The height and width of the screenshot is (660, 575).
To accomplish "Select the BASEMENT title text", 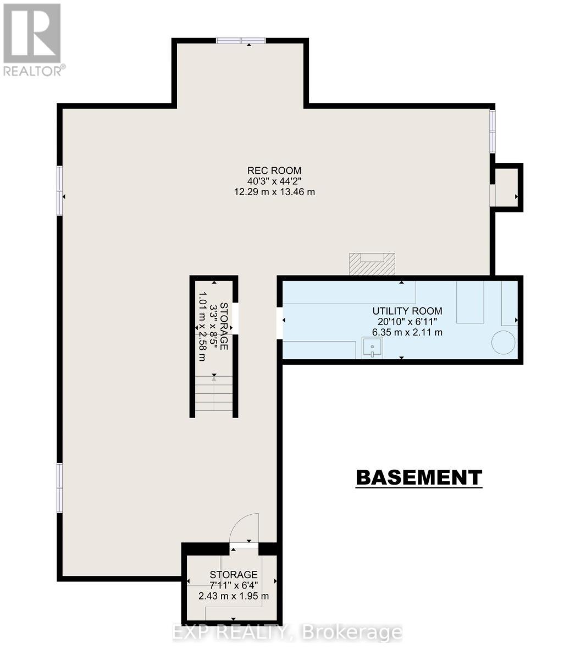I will point(419,477).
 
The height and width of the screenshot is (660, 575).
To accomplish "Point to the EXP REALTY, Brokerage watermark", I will point(287,632).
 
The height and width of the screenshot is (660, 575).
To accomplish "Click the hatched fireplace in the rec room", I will point(372,264).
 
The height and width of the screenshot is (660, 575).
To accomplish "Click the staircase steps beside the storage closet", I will point(214,394).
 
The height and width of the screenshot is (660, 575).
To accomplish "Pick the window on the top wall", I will point(241,40).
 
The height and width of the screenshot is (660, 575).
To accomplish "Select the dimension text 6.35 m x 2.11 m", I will point(407,332).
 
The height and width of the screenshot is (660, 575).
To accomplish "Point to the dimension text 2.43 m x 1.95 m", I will point(234,596).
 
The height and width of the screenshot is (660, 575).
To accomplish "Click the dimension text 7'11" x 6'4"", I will point(234,585).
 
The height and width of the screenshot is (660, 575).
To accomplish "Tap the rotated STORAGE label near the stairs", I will point(223,326).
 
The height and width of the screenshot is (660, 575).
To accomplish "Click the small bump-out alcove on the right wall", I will point(507,187).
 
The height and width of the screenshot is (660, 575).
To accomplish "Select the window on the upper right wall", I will point(493,131).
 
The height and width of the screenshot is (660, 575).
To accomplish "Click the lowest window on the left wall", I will point(59,488).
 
